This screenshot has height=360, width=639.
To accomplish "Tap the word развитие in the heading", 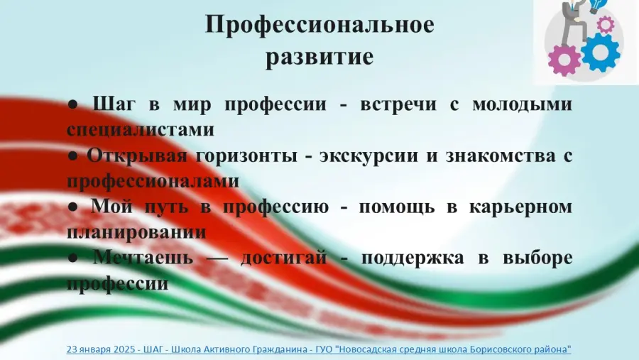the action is [319, 56].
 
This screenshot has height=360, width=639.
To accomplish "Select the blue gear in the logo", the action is [600, 52].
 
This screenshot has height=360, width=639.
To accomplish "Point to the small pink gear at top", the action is [605, 24].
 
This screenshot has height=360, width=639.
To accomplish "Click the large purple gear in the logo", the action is [564, 60].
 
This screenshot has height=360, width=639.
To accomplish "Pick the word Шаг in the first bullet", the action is [114, 105].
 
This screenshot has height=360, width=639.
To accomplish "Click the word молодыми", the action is [522, 105].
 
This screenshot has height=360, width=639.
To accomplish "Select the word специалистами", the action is [141, 130].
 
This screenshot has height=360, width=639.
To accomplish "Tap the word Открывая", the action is [136, 156].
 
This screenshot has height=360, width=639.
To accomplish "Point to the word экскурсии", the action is [368, 156].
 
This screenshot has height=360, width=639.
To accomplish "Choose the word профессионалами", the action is [153, 182].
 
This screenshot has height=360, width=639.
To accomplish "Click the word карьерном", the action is [521, 207].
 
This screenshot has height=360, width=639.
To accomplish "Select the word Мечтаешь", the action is [143, 258].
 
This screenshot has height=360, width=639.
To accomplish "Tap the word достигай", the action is [283, 258].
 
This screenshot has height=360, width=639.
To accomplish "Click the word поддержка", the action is [413, 258].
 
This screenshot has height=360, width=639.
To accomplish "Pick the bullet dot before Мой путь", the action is [73, 207].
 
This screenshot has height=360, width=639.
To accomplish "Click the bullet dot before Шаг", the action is [73, 105].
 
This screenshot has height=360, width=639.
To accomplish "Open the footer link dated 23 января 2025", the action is [319, 349].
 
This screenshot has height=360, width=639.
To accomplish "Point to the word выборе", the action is [537, 258].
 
